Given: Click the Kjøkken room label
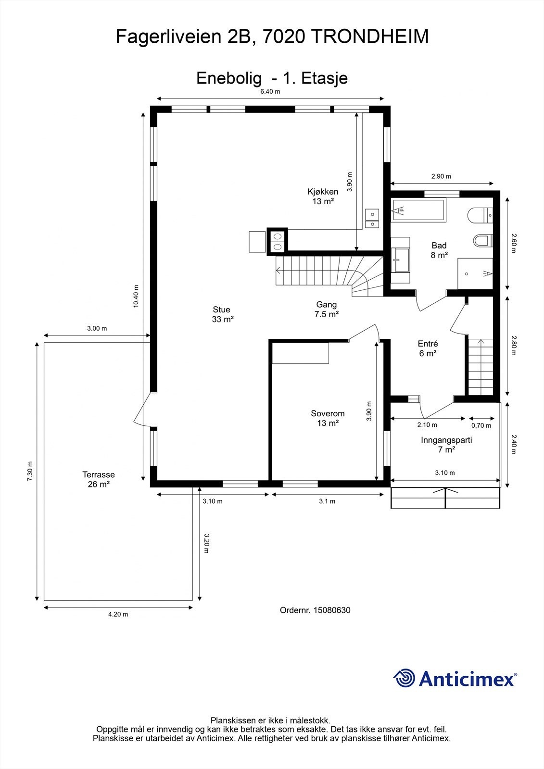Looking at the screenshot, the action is click(323, 197).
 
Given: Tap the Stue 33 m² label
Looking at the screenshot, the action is click(222, 314).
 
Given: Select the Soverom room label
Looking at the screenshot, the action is click(328, 418).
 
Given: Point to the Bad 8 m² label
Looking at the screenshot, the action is click(439, 250).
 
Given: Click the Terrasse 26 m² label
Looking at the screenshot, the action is click(98, 479).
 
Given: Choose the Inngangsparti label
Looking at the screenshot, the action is click(446, 440).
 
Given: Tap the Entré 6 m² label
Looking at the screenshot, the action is click(428, 348).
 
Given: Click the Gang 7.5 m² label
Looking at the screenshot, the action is click(326, 309).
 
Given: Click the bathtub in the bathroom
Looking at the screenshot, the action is click(418, 210).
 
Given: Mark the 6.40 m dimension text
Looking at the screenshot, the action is click(270, 91).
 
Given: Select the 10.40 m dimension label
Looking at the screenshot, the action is click(136, 296).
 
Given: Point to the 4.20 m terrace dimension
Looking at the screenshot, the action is click(118, 615).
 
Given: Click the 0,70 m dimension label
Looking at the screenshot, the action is click(481, 426).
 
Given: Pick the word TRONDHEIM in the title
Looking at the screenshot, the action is click(371, 37).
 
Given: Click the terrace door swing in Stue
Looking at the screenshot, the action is click(141, 409).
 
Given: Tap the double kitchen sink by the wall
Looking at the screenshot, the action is click(372, 219).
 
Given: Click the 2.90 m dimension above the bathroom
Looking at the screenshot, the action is click(441, 176).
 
